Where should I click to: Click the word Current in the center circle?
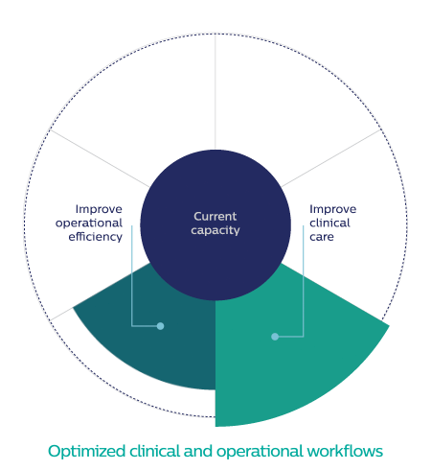point(215,217)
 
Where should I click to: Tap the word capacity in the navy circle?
point(215,230)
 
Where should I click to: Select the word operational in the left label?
point(89,223)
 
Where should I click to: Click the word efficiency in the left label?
point(96,237)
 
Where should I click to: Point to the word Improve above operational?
point(99,209)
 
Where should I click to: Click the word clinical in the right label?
point(329,223)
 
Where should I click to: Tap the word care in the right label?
point(322,237)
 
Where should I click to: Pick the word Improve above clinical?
point(333,209)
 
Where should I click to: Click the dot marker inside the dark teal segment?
point(160,326)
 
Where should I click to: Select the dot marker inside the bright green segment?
point(275,337)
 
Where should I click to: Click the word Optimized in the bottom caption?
point(87,452)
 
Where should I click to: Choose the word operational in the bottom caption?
point(260,452)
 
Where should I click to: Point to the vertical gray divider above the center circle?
point(215,91)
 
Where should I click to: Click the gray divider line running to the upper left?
point(100,158)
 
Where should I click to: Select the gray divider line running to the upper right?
point(331,158)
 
